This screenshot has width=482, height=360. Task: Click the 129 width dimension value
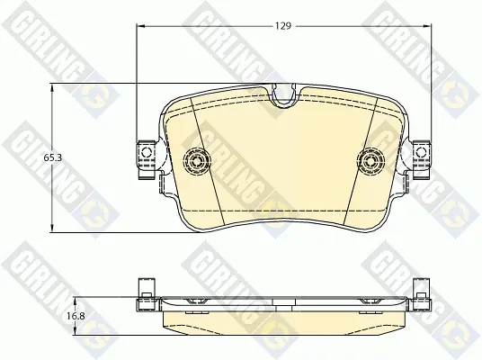282,26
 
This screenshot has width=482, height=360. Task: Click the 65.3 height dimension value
52,157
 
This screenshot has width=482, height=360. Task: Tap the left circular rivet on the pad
197,160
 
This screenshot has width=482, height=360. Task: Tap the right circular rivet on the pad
371,160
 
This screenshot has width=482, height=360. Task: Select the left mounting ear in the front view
147,158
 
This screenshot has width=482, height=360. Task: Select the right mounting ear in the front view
421,158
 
